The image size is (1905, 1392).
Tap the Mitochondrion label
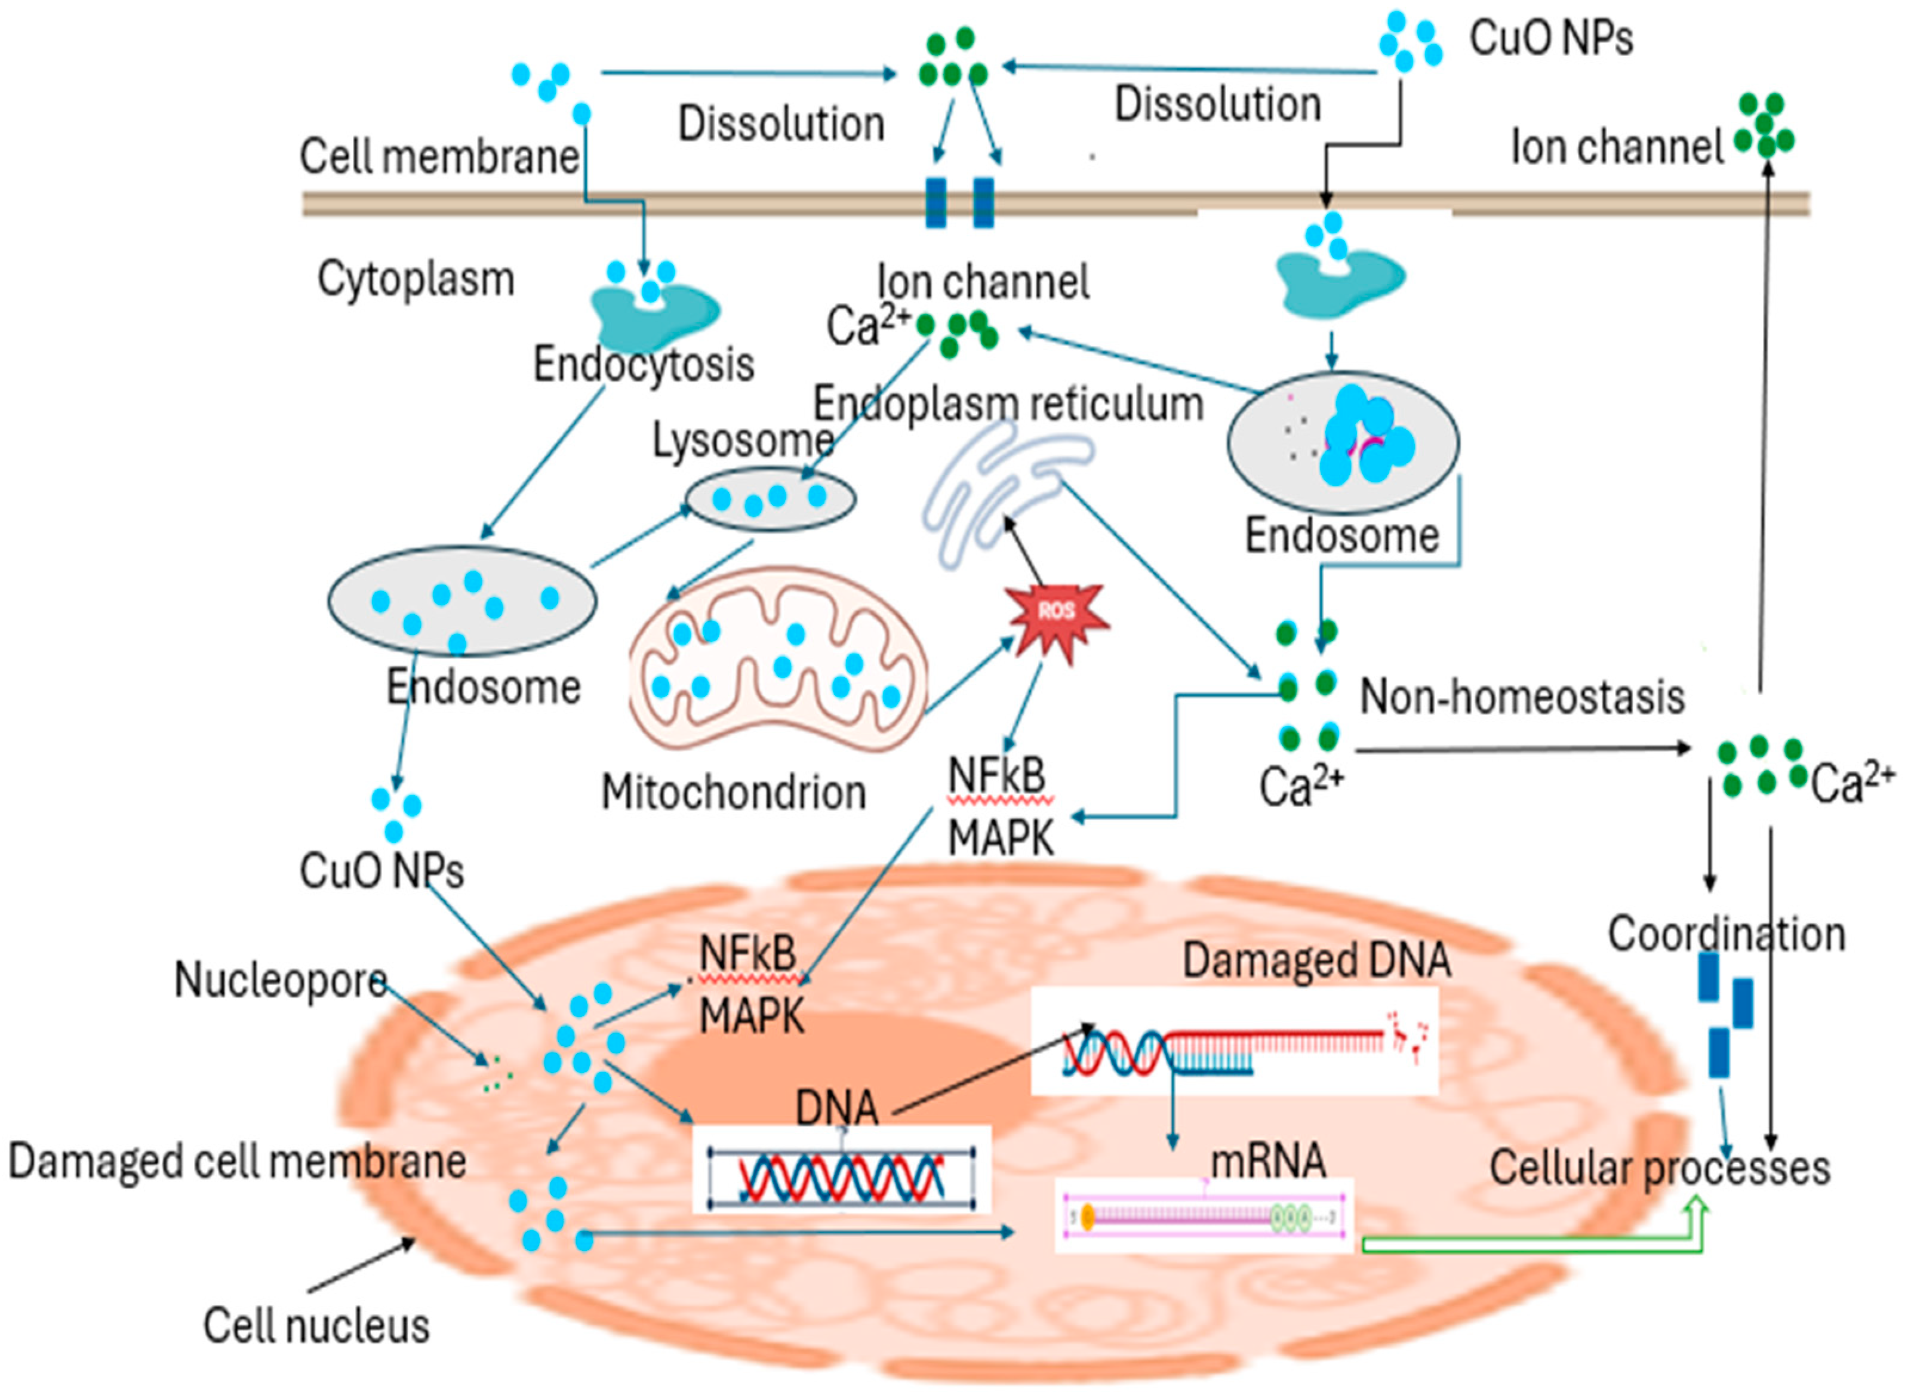point(733,793)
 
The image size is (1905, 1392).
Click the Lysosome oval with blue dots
point(770,499)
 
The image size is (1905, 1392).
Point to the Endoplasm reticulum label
point(1008,405)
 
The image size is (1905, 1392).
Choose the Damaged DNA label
point(1316,960)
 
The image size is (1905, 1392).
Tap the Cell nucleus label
point(316,1325)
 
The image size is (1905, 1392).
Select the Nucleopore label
point(280,981)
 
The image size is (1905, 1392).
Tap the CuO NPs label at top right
point(1550,38)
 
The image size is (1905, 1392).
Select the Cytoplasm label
point(416,279)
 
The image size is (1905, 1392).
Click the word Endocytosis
point(643,364)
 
